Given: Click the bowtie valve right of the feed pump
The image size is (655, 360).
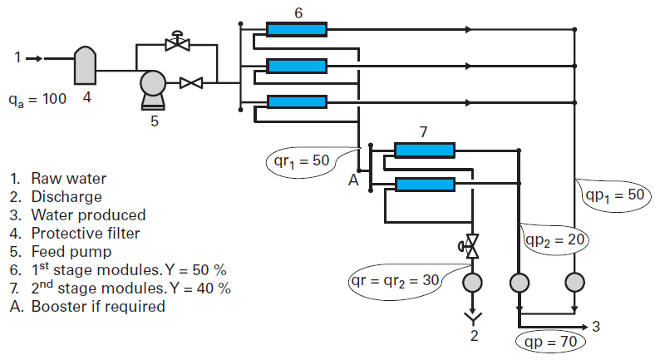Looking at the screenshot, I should pyautogui.click(x=192, y=82).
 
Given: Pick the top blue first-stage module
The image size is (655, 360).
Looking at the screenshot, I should pyautogui.click(x=296, y=30).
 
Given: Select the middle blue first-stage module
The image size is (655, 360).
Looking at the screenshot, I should pyautogui.click(x=296, y=66).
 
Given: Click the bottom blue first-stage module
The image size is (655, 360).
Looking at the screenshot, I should pyautogui.click(x=296, y=101).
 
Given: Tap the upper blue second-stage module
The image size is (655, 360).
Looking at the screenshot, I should pyautogui.click(x=424, y=150).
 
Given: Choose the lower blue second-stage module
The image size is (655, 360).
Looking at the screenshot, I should pyautogui.click(x=424, y=185).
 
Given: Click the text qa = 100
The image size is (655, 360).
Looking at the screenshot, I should pyautogui.click(x=38, y=99).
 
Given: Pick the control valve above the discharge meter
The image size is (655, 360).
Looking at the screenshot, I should pyautogui.click(x=471, y=246).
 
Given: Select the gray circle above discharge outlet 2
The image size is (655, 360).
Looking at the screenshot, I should pyautogui.click(x=471, y=284).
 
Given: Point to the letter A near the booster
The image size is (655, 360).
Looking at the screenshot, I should pyautogui.click(x=352, y=180).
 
